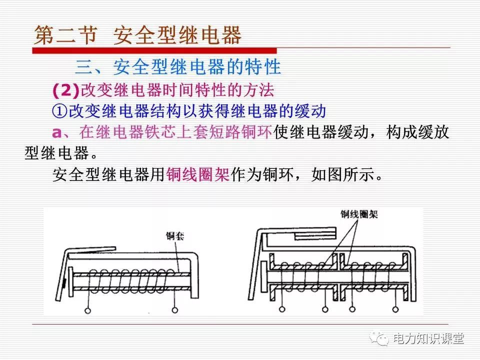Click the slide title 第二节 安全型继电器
coord(137,35)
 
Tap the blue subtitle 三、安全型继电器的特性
coord(178,66)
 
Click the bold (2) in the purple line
coord(66,90)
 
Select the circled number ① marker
coord(59,111)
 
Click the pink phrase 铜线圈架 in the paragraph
coord(198,174)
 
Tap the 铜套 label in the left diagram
coord(175,235)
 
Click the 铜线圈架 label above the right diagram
coord(359,214)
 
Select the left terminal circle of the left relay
coord(88,310)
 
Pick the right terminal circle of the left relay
coord(175,310)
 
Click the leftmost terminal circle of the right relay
coord(282,309)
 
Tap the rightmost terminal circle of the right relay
coord(395,309)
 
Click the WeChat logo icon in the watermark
coord(379,338)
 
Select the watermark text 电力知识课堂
coord(428,338)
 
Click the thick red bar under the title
coord(154,50)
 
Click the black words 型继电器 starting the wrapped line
coord(56,153)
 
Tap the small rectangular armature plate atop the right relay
coord(315,235)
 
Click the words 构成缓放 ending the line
coord(417,132)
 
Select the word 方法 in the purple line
coord(258,90)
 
